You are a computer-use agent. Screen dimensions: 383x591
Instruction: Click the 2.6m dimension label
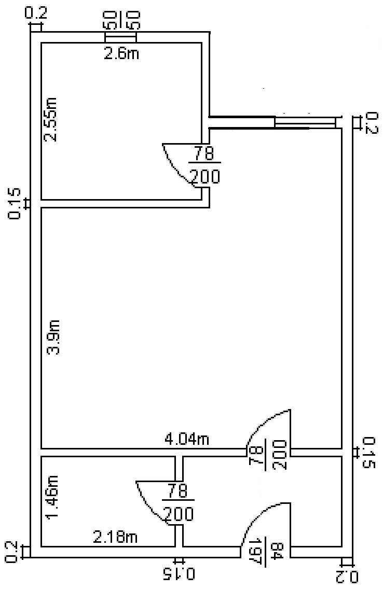pyautogui.click(x=121, y=53)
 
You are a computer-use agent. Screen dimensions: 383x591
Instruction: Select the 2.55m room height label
pyautogui.click(x=50, y=119)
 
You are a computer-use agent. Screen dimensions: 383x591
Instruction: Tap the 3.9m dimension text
pyautogui.click(x=53, y=337)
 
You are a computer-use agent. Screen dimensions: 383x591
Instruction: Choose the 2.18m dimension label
pyautogui.click(x=115, y=537)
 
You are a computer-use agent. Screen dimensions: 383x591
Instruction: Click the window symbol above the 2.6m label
pyautogui.click(x=120, y=37)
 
